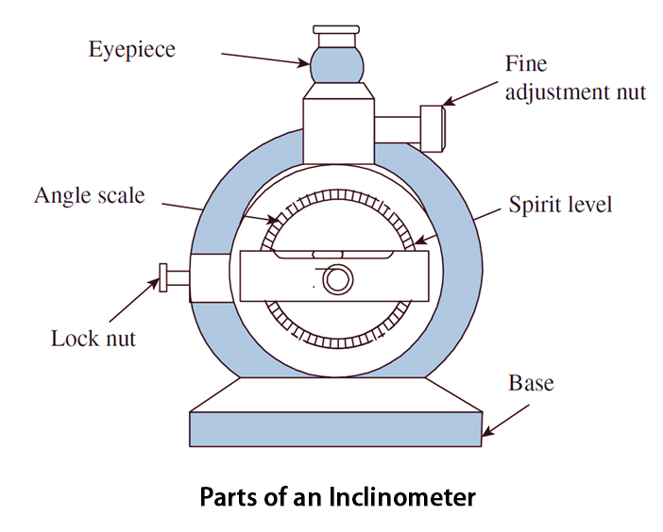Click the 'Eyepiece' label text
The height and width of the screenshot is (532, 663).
point(131,49)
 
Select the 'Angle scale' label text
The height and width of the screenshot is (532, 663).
point(90,196)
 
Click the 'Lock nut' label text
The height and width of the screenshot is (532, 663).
point(93,338)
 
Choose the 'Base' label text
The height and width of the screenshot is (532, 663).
point(531,384)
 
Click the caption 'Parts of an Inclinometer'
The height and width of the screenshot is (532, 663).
point(337,496)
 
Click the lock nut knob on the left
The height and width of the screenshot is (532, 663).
point(165,278)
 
